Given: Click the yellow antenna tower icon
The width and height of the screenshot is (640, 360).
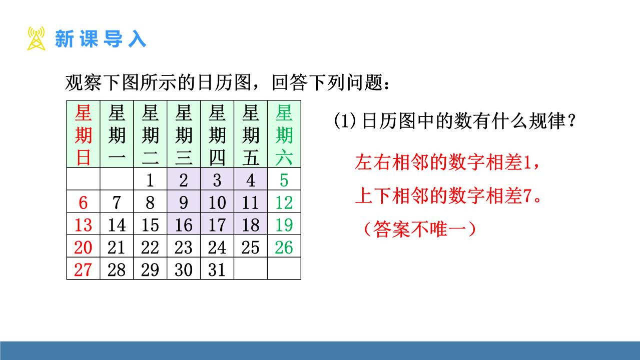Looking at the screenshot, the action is click(37, 38).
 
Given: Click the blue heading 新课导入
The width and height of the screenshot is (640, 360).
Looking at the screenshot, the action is click(101, 39).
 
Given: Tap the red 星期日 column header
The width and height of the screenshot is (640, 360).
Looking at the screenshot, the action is click(83, 135).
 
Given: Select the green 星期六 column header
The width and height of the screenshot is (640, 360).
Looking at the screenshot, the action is click(284, 135).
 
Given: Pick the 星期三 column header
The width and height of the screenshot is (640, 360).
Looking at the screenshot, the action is click(184, 135).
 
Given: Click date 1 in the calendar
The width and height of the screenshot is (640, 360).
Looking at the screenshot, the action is click(150, 180).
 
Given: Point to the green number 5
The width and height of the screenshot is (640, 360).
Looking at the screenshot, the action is click(284, 180).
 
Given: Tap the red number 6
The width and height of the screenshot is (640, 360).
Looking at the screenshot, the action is click(83, 202).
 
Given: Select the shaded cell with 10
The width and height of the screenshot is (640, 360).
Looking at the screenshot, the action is click(217, 201).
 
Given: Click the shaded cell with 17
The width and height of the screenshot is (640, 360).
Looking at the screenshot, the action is click(217, 224).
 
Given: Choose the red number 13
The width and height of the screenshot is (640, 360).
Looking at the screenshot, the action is click(83, 225).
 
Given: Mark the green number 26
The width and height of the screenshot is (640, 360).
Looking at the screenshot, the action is click(284, 247).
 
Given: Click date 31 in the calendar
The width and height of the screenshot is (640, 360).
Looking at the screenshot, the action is click(217, 270).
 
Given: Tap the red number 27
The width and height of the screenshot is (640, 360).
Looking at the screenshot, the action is click(83, 270).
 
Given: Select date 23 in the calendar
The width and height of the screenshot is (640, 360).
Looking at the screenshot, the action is click(184, 247).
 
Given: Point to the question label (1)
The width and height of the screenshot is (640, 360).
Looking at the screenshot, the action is click(345, 121).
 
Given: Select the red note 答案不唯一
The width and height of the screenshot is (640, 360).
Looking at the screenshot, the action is click(420, 229).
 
